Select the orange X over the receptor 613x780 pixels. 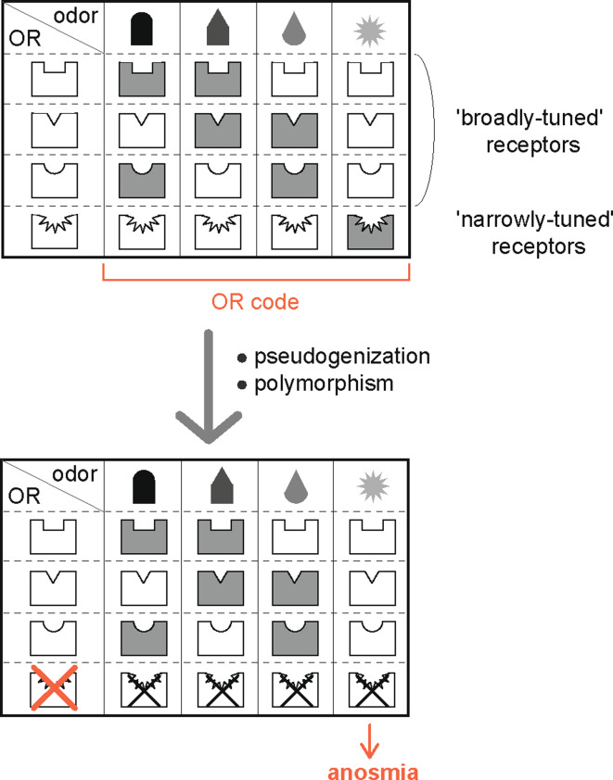(x=52, y=691)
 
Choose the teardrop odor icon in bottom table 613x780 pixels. (x=294, y=486)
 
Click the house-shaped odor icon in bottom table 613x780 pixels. (x=218, y=485)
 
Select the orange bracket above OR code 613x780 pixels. (x=254, y=275)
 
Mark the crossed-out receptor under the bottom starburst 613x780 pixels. (x=370, y=692)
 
